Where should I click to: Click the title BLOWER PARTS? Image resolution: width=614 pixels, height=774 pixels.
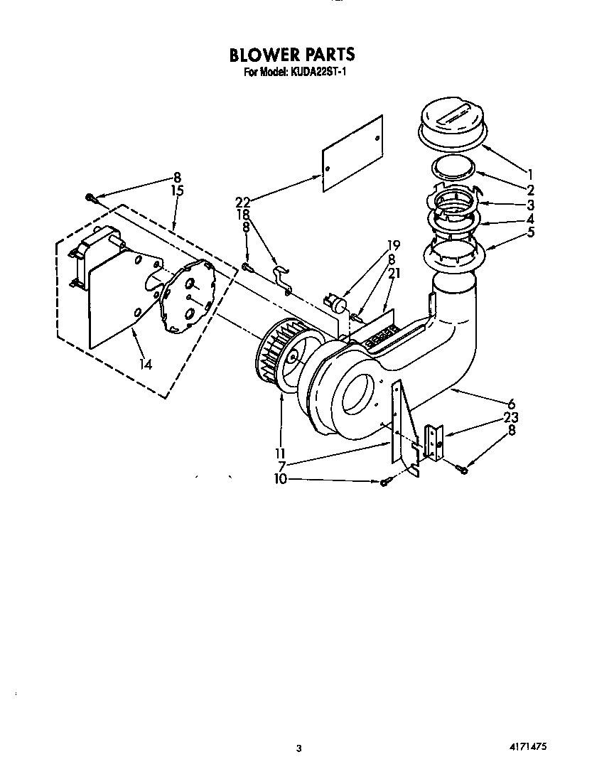point(291,55)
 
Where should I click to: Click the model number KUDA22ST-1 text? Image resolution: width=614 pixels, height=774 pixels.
point(316,72)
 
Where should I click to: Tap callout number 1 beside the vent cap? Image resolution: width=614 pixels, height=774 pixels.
point(529,172)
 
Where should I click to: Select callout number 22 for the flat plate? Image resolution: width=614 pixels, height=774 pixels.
point(243,202)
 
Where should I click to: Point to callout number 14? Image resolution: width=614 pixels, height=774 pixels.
point(146,365)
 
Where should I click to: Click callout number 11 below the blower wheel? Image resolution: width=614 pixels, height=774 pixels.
point(280,453)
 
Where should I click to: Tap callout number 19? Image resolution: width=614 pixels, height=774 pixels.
point(393,246)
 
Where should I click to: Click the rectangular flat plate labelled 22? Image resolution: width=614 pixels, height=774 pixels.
point(352,153)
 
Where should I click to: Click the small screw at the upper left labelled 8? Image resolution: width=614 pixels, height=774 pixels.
point(91,198)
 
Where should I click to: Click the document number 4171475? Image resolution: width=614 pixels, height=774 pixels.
point(527,748)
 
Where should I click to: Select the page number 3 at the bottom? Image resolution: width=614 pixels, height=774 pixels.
point(299,748)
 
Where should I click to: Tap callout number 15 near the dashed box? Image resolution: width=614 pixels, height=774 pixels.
point(178,190)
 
